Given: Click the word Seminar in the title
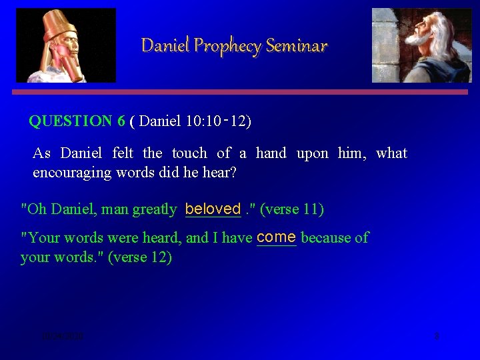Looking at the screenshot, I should pos(296,46).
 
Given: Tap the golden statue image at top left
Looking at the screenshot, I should pos(65,45).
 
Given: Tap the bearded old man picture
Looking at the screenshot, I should pos(421,45).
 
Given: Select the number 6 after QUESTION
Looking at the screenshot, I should pos(121,121).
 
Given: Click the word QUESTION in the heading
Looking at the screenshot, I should pos(71,121).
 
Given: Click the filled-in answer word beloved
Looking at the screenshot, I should pos(213,209).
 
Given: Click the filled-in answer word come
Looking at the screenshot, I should pos(276,237).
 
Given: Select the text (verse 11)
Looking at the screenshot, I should pos(292,209).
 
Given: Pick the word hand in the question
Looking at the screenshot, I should pos(271,153).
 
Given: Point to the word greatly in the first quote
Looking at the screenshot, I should pos(155,209).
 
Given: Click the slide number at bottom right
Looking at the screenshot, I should pos(436,336).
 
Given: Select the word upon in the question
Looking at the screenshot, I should pos(312,153).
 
